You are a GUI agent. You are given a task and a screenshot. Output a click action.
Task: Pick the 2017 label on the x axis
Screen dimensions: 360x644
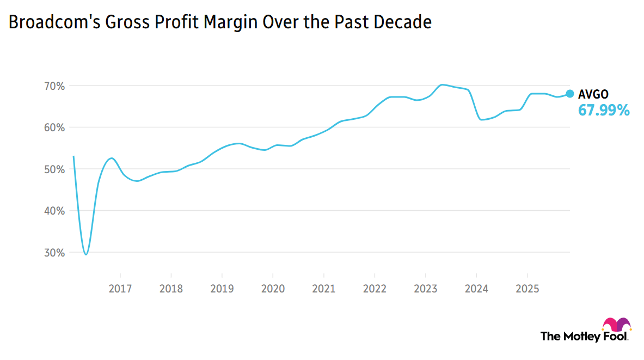click(x=120, y=288)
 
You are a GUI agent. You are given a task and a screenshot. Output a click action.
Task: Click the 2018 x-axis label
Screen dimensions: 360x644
click(x=171, y=288)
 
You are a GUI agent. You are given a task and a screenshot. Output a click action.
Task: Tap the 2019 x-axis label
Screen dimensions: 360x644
click(x=222, y=288)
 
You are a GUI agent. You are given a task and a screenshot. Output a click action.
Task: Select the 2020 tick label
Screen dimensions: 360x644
click(x=273, y=288)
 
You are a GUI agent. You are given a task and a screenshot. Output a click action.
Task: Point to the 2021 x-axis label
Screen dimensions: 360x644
click(x=323, y=288)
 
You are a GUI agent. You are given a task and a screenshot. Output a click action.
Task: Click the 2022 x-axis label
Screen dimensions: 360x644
click(x=375, y=288)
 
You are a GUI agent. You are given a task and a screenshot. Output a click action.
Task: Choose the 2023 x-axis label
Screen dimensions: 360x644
click(x=425, y=288)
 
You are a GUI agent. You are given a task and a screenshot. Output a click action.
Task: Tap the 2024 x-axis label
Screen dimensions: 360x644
click(x=476, y=288)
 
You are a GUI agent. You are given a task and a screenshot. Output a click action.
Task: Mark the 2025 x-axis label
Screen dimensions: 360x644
click(x=527, y=288)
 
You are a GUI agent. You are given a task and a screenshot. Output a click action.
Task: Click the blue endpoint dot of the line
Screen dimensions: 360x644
click(x=570, y=94)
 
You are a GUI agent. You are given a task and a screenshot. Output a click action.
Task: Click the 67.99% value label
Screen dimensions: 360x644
click(x=604, y=111)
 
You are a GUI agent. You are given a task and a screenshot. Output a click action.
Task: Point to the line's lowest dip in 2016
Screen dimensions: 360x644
click(x=86, y=254)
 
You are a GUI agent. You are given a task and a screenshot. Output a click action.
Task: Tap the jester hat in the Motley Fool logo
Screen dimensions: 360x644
click(x=617, y=325)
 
